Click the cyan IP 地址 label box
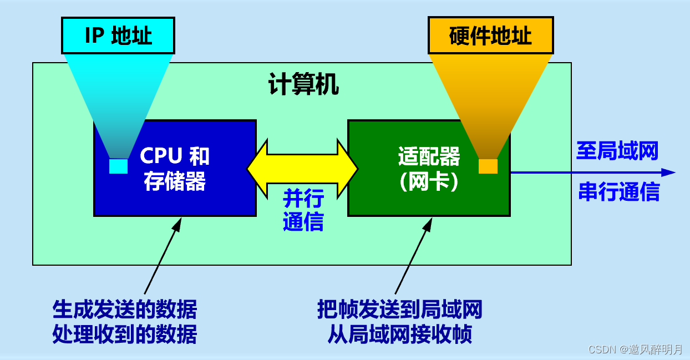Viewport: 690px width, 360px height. point(118,36)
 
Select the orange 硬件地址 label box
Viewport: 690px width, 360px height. point(490,36)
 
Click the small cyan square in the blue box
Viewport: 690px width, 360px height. point(118,166)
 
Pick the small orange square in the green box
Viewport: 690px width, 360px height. point(488,166)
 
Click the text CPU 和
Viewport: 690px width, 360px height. point(175,156)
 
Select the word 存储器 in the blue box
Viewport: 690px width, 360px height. point(175,181)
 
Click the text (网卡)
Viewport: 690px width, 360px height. point(429,182)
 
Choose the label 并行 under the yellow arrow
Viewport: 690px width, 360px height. point(303,198)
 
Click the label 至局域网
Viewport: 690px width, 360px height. point(617,151)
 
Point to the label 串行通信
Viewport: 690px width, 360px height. point(619,192)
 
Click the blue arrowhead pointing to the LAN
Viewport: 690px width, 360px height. point(668,173)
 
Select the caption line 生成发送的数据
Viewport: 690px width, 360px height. point(125,310)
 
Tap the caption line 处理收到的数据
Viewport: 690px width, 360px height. point(125,334)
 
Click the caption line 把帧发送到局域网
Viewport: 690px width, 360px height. point(399,310)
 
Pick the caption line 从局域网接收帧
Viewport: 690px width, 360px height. point(399,334)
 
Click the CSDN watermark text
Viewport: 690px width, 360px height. point(635,349)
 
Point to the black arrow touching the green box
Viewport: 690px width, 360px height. point(413,255)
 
